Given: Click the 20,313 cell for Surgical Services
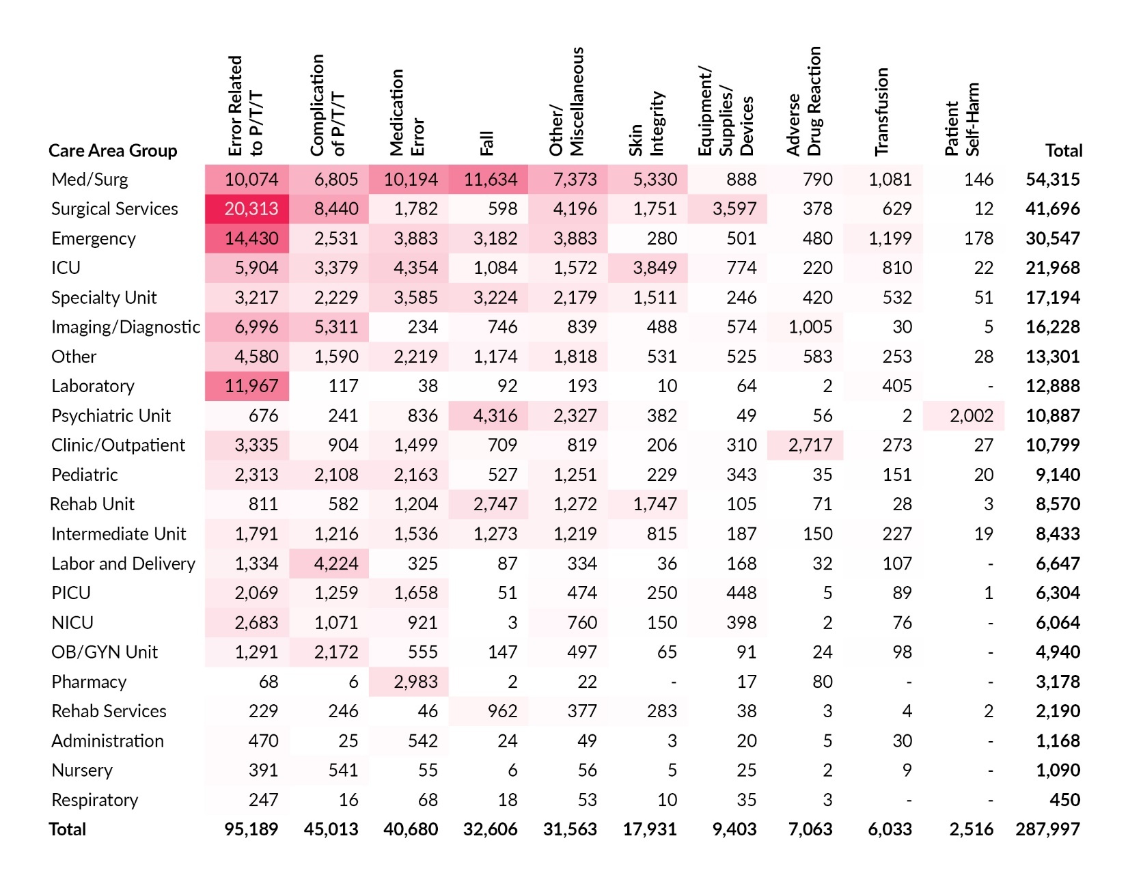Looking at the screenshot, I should coord(251,209).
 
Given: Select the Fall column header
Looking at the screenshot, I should coord(486,143).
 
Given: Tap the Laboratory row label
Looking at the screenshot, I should coord(93,387).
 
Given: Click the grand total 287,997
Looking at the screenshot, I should coord(1047,829).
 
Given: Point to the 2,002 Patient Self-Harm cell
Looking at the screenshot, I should coord(971,416).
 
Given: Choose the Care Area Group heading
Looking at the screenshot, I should coord(113,151).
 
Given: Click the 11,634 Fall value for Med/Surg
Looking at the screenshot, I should coord(490,180).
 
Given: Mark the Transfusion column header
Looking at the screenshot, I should coord(882,111).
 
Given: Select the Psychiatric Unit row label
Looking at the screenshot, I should coord(111,416).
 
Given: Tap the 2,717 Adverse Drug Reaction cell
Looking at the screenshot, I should coord(810,445).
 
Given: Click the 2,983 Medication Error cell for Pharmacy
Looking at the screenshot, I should coord(415,682).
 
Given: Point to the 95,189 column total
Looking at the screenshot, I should coord(251,829).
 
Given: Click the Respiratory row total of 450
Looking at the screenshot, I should coord(1064,800).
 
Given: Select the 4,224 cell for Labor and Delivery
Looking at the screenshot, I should coord(335,564).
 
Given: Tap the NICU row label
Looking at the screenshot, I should coord(72,623).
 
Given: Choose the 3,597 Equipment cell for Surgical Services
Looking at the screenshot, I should coord(734,209).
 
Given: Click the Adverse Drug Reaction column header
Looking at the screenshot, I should coord(803,101).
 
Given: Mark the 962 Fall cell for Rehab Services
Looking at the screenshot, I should coord(502,711).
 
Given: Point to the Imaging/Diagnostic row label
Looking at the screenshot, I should coord(126,327).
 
